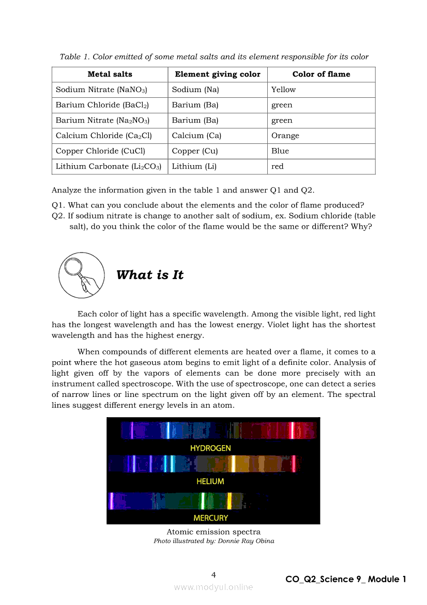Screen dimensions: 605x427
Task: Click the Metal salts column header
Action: tap(110, 74)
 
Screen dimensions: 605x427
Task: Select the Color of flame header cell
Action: tap(321, 74)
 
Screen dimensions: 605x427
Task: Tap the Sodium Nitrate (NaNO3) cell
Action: tap(102, 90)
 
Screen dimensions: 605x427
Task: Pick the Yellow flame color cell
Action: tap(284, 90)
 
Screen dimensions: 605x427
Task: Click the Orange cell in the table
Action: tap(285, 136)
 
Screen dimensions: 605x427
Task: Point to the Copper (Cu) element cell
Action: tap(195, 151)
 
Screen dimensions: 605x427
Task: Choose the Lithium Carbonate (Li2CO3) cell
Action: tap(109, 166)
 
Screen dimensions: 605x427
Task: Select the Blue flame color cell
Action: tap(280, 151)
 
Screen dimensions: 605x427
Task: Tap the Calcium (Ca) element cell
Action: tap(196, 136)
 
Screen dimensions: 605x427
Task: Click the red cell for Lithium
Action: tap(278, 166)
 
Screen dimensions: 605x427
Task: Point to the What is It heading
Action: tap(150, 275)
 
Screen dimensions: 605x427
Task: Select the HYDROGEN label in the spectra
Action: tap(210, 448)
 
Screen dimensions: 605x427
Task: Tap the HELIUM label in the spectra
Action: tap(210, 481)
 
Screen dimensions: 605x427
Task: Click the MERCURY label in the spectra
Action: tap(210, 518)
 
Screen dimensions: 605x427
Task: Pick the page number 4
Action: tap(213, 574)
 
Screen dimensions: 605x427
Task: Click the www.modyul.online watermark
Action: tap(213, 587)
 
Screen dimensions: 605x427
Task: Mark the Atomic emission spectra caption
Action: tap(213, 532)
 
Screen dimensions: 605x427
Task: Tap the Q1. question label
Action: tap(58, 205)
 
